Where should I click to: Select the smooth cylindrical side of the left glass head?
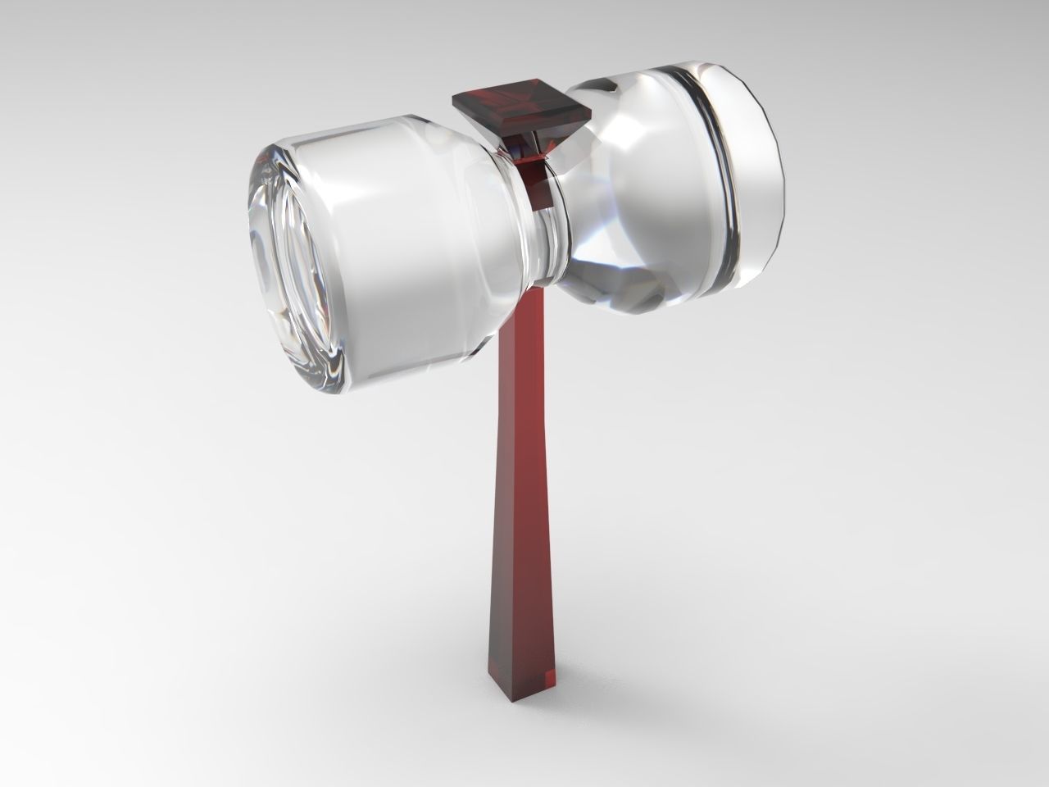coord(393,246)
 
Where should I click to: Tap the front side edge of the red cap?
coord(524,131)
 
